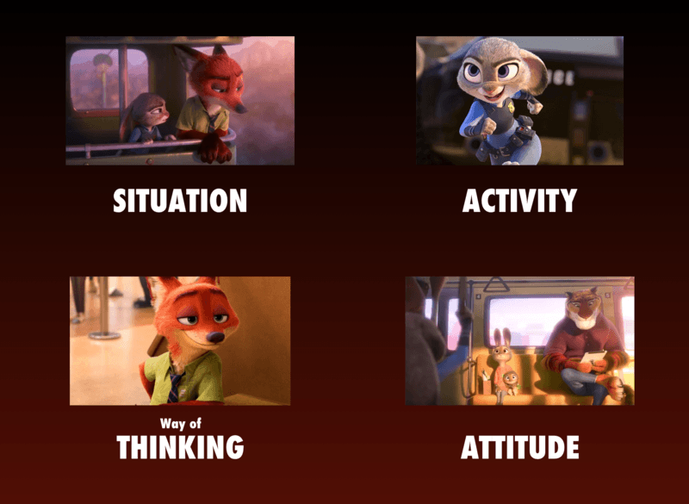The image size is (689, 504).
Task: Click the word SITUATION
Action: (x=180, y=201)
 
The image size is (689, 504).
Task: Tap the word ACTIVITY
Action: (x=519, y=201)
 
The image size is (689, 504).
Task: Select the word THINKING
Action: (x=180, y=447)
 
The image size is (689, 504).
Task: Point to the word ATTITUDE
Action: (x=520, y=447)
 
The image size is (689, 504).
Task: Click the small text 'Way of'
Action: (x=181, y=424)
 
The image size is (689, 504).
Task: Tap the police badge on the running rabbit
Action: (x=510, y=106)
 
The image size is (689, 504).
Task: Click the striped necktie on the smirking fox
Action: (x=175, y=387)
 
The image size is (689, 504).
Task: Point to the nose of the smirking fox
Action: (x=214, y=338)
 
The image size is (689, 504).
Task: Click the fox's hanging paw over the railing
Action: (x=214, y=149)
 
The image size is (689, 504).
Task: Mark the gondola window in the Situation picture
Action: (x=109, y=79)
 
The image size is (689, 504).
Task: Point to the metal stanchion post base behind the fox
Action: (x=104, y=335)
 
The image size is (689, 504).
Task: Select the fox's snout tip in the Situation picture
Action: (x=241, y=107)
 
